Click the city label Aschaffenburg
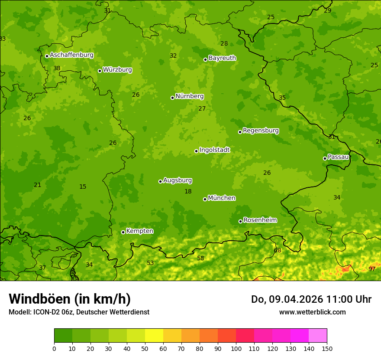point(71,55)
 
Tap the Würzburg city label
point(117,70)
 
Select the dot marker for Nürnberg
point(172,98)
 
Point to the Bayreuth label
point(222,58)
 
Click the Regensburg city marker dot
point(240,132)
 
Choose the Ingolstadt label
point(214,150)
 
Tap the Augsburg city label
point(178,180)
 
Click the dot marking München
point(205,199)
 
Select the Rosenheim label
point(260,220)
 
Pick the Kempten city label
point(139,231)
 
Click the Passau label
point(338,157)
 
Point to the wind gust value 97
point(372,269)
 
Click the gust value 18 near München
point(188,191)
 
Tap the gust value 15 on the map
point(83,187)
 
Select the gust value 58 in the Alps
point(200,259)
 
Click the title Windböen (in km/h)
point(70,299)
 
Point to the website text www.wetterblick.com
point(312,312)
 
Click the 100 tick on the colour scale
point(236,348)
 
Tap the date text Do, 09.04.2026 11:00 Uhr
point(311,299)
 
